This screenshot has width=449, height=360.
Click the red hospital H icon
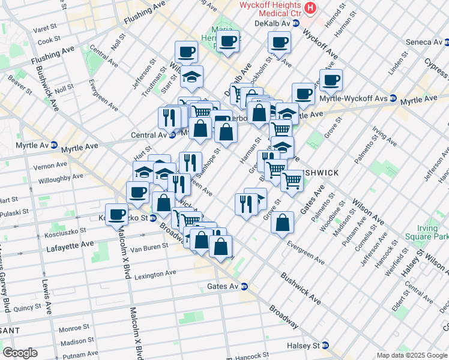[310, 7]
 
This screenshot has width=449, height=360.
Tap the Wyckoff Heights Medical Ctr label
[270, 8]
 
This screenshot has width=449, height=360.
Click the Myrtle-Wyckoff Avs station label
[357, 98]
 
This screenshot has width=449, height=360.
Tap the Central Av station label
[149, 135]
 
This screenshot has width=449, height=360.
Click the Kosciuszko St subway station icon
[153, 218]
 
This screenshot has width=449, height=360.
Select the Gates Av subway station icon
[244, 287]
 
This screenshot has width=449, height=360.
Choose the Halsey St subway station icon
[325, 346]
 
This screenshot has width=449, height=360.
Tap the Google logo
[20, 352]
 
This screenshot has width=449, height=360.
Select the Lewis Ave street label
[45, 296]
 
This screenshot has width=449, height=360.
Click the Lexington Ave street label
[155, 274]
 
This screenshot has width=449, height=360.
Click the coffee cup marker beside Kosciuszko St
[117, 215]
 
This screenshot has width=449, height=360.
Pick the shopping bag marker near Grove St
[282, 223]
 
